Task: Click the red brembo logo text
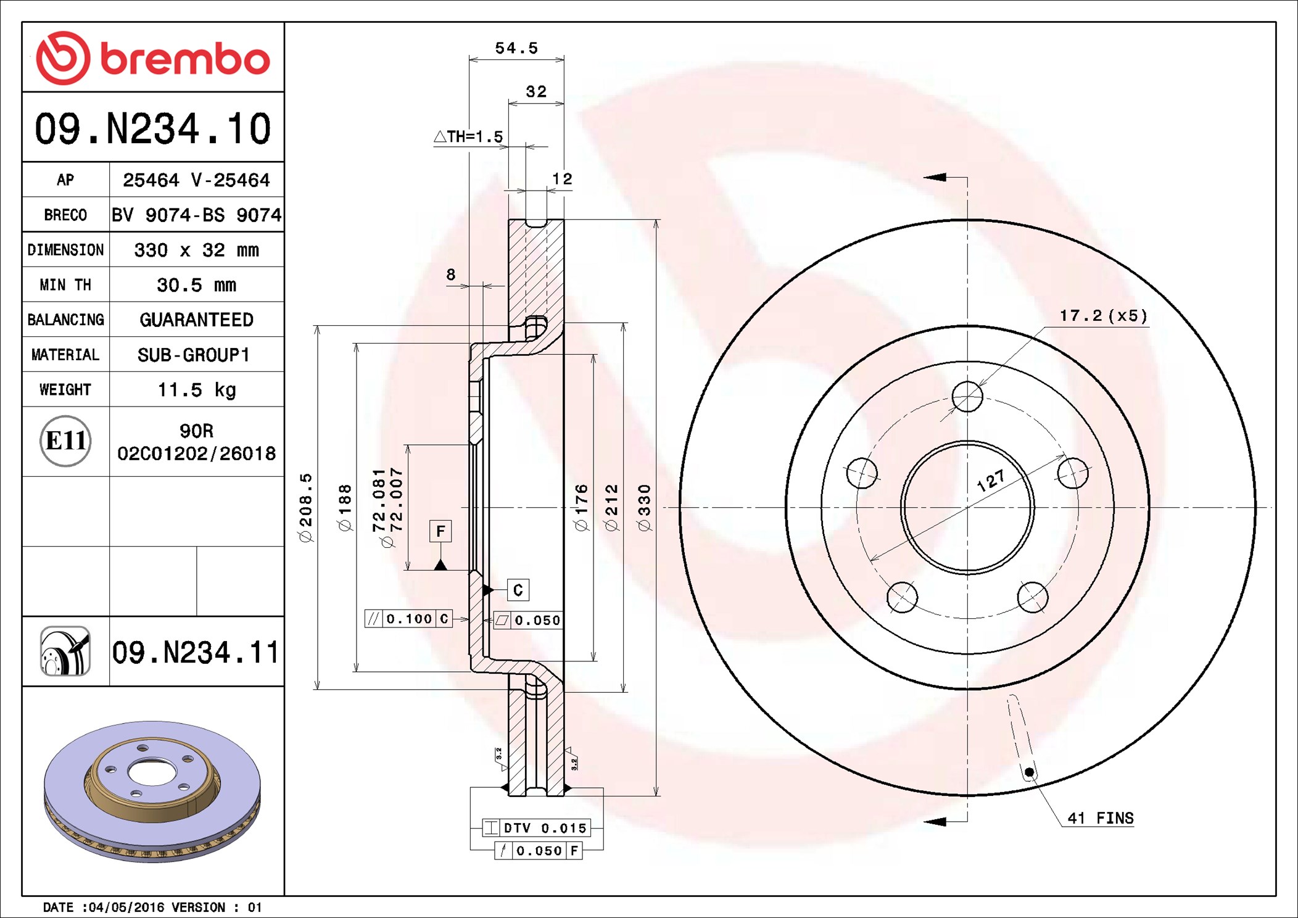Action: tap(185, 59)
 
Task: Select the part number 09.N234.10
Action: tap(153, 128)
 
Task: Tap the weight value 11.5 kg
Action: tap(197, 389)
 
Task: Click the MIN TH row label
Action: tap(65, 284)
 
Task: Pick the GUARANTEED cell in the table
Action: tap(196, 320)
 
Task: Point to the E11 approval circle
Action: tap(65, 440)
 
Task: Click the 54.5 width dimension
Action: tap(516, 48)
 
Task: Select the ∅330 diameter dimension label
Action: tap(644, 508)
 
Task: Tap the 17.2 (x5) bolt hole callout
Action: tap(1103, 316)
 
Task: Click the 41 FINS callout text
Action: tap(1101, 818)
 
